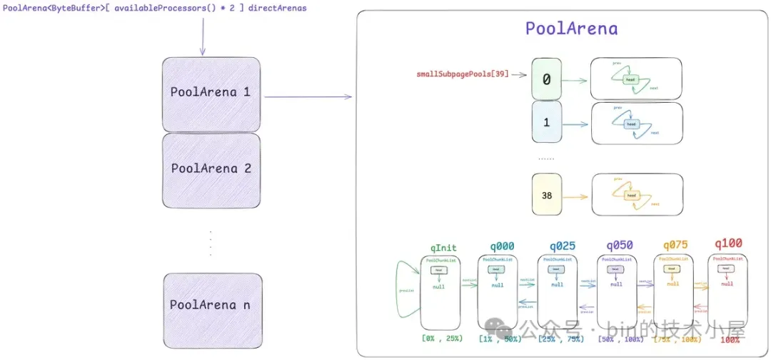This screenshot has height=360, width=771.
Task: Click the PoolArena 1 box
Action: (210, 93)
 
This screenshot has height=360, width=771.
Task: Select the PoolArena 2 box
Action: (210, 169)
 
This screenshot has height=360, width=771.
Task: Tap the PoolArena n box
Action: (210, 305)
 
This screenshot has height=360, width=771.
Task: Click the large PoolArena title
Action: (571, 29)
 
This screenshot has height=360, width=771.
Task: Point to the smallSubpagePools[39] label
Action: (463, 74)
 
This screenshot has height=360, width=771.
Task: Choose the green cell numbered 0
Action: (547, 80)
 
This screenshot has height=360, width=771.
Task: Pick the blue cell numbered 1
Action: (547, 123)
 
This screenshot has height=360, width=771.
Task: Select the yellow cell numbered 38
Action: (547, 194)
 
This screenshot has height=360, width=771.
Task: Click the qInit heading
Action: (443, 248)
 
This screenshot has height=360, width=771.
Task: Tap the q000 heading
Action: (501, 246)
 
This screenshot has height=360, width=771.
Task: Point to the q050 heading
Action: (618, 246)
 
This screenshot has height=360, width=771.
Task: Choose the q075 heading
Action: (677, 246)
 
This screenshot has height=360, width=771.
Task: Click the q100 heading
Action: (729, 244)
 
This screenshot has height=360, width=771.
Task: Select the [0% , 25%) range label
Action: (443, 337)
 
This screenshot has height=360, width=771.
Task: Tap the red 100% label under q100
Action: (730, 340)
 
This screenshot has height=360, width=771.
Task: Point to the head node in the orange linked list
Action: (631, 195)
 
